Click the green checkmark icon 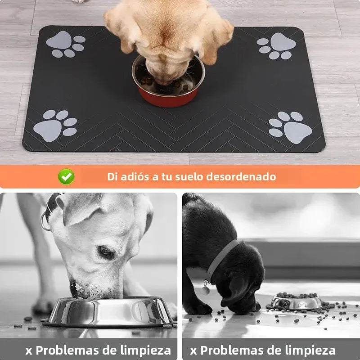(67, 176)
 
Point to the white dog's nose (74, 288)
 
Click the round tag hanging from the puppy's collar (205, 290)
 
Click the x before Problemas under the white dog (28, 351)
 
